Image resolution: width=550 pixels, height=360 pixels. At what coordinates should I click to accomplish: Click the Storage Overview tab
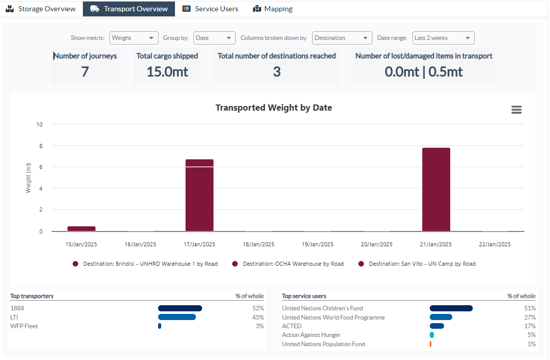click(40, 9)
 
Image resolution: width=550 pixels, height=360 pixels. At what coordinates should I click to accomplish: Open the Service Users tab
click(210, 9)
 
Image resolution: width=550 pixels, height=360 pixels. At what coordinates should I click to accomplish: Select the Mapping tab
click(273, 9)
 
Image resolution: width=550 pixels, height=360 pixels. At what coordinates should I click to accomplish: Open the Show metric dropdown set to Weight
click(134, 38)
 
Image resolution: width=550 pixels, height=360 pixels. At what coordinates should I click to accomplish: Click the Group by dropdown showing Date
click(214, 38)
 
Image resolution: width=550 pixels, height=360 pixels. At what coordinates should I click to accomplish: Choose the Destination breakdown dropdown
click(342, 38)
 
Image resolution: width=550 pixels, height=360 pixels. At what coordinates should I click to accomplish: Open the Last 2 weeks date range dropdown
click(443, 38)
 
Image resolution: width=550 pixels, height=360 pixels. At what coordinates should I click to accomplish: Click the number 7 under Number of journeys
click(85, 72)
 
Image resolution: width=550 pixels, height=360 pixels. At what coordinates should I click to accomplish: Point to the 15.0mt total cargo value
click(167, 72)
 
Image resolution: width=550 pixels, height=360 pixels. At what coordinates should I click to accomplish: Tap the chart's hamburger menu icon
click(516, 110)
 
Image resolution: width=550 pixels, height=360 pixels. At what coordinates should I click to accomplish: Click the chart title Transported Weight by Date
click(274, 108)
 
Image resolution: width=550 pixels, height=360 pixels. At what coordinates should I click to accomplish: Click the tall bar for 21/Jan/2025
click(436, 189)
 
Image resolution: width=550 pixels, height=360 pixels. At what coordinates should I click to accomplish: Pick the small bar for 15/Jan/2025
click(81, 229)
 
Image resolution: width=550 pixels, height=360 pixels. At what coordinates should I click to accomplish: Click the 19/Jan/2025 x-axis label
click(318, 244)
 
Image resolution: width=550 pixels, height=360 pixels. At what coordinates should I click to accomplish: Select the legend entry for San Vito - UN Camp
click(417, 264)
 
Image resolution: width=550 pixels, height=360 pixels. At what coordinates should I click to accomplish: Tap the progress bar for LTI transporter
click(177, 317)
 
